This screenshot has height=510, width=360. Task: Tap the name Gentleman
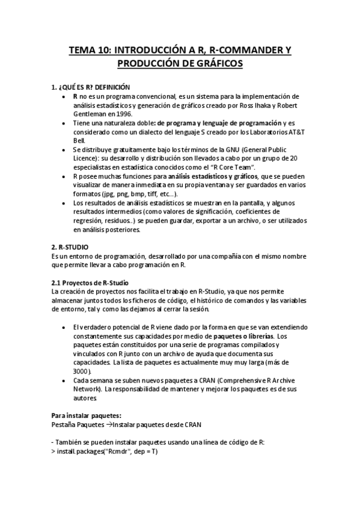point(91,113)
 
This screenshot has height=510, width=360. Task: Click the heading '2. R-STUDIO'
point(70,247)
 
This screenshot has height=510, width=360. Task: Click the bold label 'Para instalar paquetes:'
point(87,415)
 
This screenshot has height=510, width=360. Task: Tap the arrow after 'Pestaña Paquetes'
point(109,424)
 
